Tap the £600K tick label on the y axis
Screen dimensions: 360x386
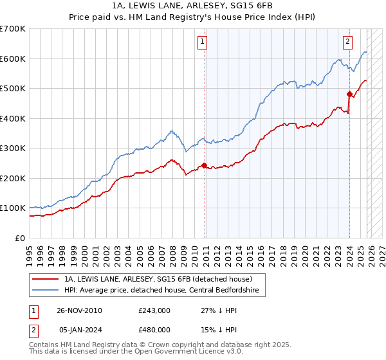click(13, 59)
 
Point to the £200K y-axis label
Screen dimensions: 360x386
click(13, 178)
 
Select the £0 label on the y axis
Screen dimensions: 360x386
click(19, 238)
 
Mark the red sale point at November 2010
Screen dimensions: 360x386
click(205, 165)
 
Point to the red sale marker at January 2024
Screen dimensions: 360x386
click(349, 94)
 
